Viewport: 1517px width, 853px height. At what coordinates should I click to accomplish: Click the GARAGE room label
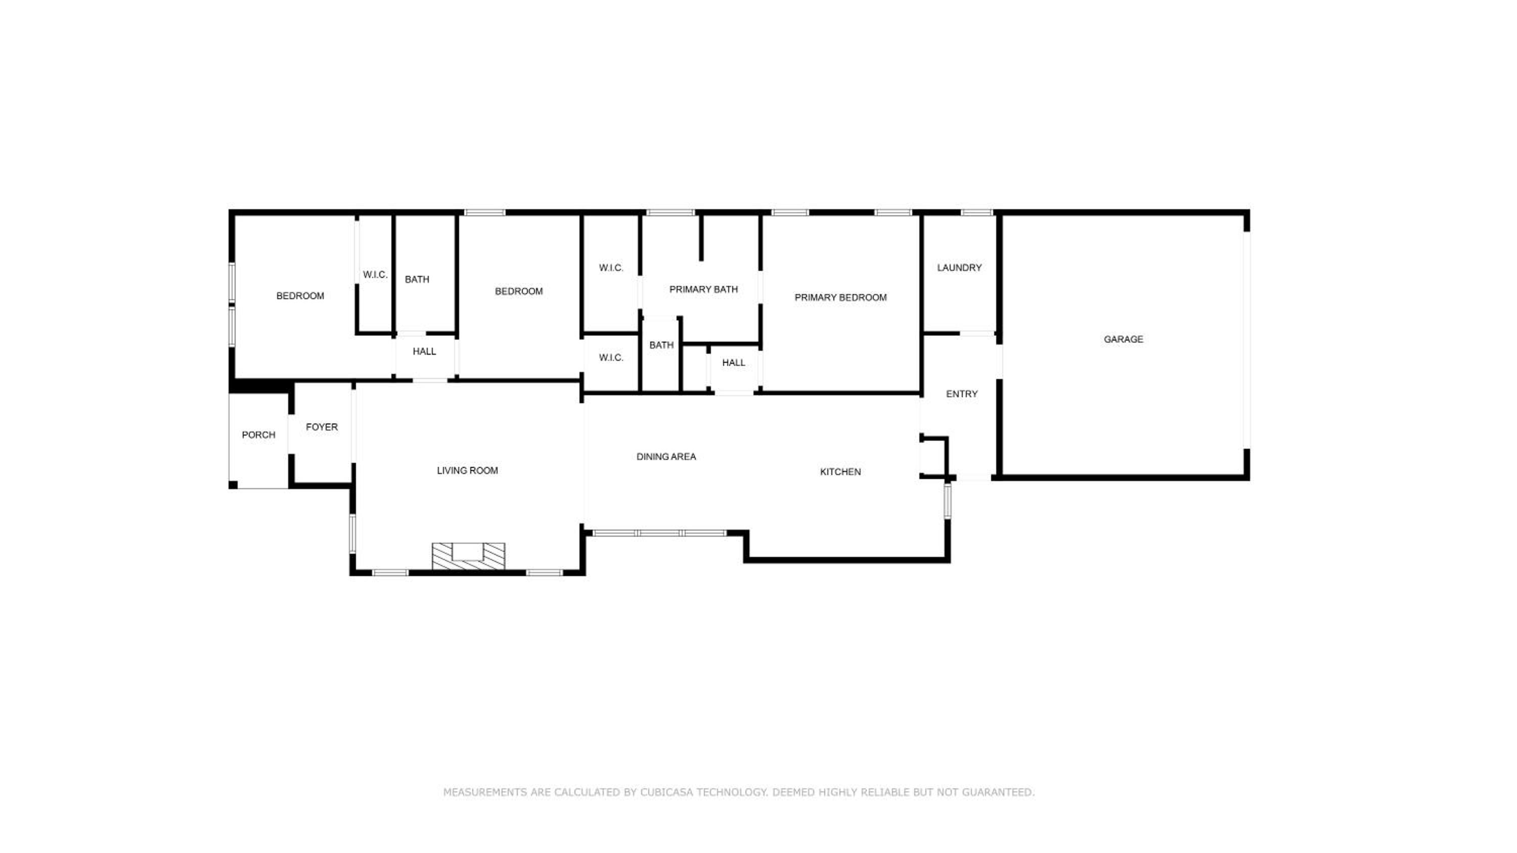[x=1123, y=339]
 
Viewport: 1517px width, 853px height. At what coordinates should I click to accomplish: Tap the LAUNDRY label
[x=959, y=268]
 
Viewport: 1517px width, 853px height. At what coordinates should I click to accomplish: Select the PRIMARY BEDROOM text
[x=840, y=298]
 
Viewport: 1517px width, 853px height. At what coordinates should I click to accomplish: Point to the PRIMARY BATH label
[x=703, y=290]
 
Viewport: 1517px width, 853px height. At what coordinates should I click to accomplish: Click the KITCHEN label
[x=840, y=472]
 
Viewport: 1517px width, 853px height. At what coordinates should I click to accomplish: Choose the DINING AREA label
[x=666, y=457]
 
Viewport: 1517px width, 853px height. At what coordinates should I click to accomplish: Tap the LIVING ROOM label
[x=467, y=471]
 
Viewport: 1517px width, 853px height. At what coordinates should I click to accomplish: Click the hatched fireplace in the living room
[x=468, y=556]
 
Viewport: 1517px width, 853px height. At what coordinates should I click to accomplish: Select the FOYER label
[x=322, y=428]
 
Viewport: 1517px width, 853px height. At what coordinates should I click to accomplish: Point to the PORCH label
[x=258, y=435]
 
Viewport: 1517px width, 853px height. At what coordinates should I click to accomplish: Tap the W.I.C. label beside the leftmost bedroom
[x=375, y=275]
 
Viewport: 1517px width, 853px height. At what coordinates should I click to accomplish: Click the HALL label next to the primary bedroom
[x=733, y=363]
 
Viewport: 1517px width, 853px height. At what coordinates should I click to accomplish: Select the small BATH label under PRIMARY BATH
[x=661, y=346]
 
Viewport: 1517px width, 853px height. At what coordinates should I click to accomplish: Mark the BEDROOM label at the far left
[x=300, y=296]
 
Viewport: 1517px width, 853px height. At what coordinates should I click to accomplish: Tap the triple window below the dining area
[x=659, y=533]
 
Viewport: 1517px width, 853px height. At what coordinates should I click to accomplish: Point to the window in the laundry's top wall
[x=976, y=213]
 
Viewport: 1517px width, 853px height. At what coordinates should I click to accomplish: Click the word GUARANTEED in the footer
[x=998, y=792]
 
